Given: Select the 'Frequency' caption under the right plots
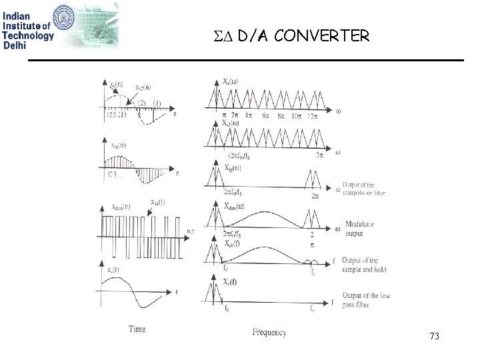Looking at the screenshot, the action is [x=269, y=331].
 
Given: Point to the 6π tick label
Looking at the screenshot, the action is [x=265, y=116].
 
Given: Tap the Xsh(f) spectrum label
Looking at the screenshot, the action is [x=234, y=243].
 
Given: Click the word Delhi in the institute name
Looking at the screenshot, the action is [x=15, y=45].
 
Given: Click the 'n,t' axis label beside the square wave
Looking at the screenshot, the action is [x=191, y=231].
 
